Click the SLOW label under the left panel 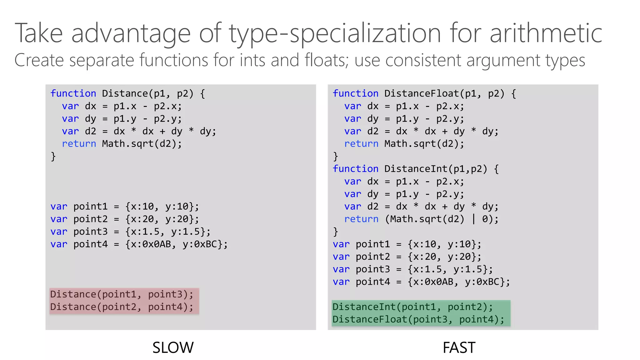pyautogui.click(x=173, y=347)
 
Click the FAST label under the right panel pyautogui.click(x=459, y=347)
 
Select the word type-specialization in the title pyautogui.click(x=335, y=34)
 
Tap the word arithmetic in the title pyautogui.click(x=546, y=33)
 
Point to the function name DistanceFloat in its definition pyautogui.click(x=422, y=93)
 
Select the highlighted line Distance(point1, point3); pyautogui.click(x=122, y=294)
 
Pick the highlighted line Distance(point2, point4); pyautogui.click(x=122, y=307)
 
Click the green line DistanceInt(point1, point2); pyautogui.click(x=412, y=307)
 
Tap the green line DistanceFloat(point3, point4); pyautogui.click(x=418, y=319)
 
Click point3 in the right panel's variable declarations pyautogui.click(x=373, y=269)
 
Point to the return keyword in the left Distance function pyautogui.click(x=79, y=144)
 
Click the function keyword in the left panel pyautogui.click(x=73, y=93)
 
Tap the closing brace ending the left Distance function pyautogui.click(x=53, y=156)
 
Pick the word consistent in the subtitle pyautogui.click(x=423, y=60)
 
